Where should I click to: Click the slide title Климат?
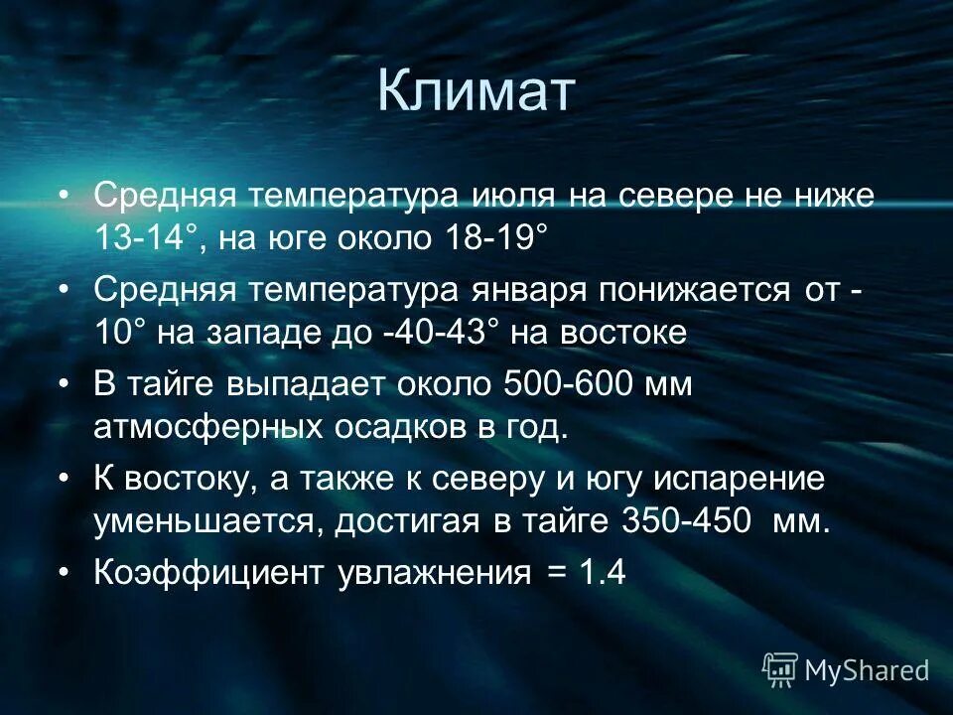[476, 92]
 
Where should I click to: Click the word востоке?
[622, 332]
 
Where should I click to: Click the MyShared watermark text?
[866, 670]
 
